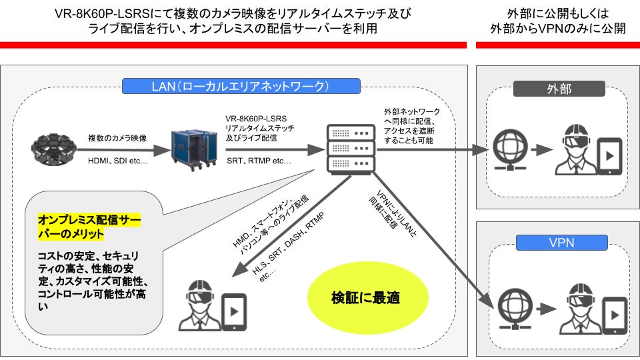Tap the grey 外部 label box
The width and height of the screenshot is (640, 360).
click(x=559, y=89)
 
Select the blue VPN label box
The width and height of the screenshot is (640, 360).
click(x=559, y=243)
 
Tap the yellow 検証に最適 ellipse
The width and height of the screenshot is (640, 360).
click(x=366, y=297)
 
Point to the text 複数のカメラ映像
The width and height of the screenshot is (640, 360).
click(x=117, y=138)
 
